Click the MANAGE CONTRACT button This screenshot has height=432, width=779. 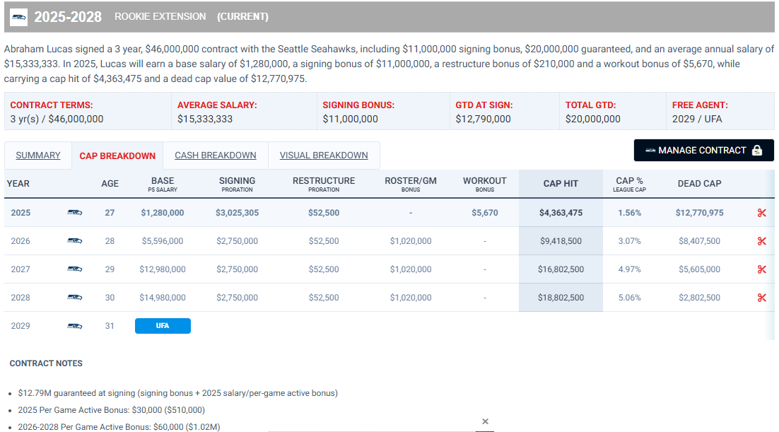coord(703,150)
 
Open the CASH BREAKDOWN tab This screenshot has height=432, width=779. coord(215,156)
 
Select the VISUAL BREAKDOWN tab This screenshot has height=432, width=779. coord(324,156)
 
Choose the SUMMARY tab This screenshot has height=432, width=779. coord(38,156)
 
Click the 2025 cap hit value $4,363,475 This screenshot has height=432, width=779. coord(561,213)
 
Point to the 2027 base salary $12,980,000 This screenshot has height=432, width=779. coord(163,269)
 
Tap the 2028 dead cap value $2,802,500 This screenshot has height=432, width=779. coord(699,298)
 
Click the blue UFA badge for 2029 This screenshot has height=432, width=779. coord(163,326)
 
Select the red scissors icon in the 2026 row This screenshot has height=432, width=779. coord(761,241)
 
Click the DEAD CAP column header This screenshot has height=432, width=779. coord(699,183)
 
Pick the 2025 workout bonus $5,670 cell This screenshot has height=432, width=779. coord(484,213)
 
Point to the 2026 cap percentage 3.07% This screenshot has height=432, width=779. coord(629,241)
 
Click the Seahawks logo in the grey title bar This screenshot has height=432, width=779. coord(19,16)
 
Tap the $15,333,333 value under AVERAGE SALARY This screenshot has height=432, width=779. coord(205,119)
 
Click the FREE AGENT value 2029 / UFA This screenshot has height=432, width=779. coord(697,119)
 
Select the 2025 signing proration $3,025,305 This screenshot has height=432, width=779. coord(237,213)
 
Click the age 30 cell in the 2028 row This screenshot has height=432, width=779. coord(110,298)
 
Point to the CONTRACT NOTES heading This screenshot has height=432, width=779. coord(46,363)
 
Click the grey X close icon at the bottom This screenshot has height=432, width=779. coord(485,421)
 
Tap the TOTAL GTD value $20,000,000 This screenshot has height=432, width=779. coord(592,119)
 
